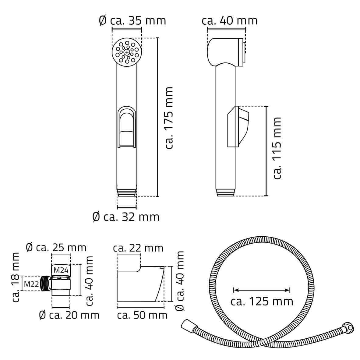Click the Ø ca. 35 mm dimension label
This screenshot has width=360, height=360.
click(132, 21)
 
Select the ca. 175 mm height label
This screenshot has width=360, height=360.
click(169, 118)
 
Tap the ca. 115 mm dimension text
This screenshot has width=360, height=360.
click(277, 148)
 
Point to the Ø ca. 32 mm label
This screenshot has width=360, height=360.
click(126, 217)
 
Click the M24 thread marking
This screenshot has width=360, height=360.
click(61, 270)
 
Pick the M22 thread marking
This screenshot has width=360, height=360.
click(31, 284)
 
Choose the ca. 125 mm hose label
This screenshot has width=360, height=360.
click(262, 302)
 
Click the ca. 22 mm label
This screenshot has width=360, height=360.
click(138, 248)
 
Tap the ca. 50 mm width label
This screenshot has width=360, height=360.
click(142, 315)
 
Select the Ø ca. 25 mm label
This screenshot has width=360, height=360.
click(56, 248)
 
